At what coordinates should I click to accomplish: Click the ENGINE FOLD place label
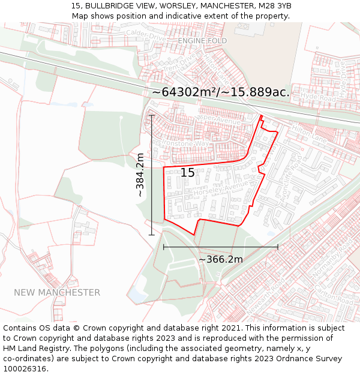[x=202, y=40]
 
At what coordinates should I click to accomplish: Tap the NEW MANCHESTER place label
[x=57, y=292]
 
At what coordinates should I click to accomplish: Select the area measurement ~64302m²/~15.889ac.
[x=221, y=92]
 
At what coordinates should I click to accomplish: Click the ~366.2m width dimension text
[x=220, y=259]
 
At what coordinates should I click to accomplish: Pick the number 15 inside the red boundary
[x=187, y=173]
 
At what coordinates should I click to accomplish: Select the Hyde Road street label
[x=316, y=95]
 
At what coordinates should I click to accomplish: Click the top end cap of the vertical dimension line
[x=152, y=116]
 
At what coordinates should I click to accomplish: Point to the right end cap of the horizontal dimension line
[x=278, y=247]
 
